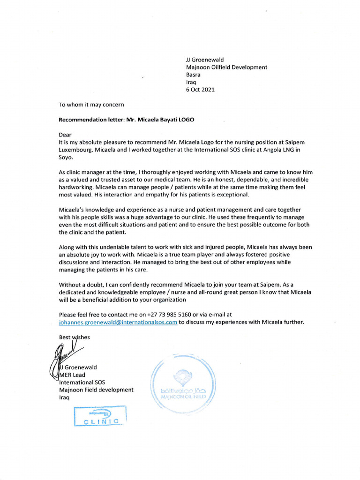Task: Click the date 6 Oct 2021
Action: click(x=200, y=90)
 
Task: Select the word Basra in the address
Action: click(x=194, y=75)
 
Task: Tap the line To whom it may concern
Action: click(x=91, y=105)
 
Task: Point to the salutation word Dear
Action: click(x=66, y=135)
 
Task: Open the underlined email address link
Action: click(x=118, y=322)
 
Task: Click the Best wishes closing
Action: click(x=74, y=337)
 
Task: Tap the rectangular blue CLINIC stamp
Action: click(x=100, y=416)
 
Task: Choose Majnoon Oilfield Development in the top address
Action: click(x=226, y=67)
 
